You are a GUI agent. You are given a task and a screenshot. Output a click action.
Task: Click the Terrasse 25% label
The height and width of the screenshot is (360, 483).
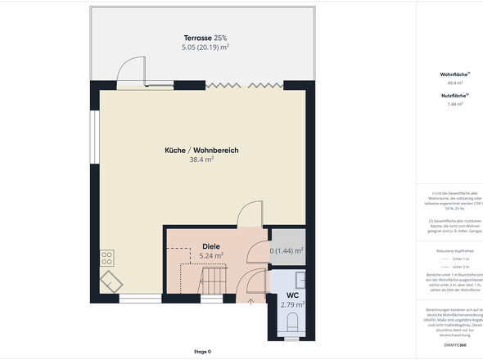[205, 38]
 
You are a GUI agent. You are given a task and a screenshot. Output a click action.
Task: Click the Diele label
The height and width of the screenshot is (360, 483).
[211, 245]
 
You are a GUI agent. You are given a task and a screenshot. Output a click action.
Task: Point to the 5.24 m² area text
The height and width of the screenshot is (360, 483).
[211, 255]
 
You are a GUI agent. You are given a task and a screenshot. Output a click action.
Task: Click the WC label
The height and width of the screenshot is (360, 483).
[292, 295]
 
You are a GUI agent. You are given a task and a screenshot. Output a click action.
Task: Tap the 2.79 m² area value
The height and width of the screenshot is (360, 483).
[292, 305]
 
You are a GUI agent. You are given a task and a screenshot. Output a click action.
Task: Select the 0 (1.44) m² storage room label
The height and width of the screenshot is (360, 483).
[287, 251]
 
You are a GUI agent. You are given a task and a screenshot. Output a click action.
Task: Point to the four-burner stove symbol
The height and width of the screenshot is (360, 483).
[107, 258]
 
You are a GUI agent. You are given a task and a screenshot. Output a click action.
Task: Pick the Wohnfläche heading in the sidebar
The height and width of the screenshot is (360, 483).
[454, 74]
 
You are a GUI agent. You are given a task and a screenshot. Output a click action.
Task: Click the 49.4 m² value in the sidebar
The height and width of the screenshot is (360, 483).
[455, 83]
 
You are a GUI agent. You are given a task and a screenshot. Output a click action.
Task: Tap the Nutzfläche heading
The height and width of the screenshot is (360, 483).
[454, 96]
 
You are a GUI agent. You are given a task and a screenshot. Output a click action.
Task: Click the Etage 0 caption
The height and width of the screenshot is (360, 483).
[202, 352]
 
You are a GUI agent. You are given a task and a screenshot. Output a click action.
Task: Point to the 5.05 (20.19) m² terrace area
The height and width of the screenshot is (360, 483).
[205, 47]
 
